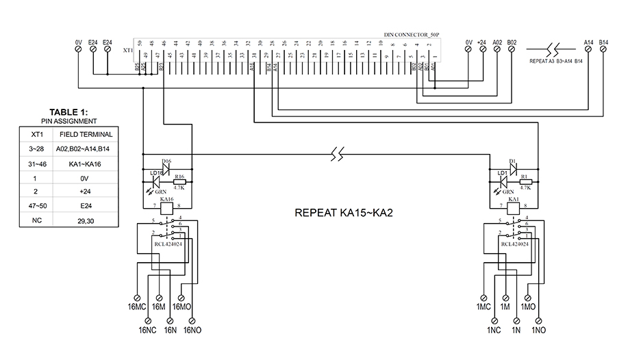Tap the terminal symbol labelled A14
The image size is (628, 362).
click(588, 49)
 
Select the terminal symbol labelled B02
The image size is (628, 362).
click(512, 49)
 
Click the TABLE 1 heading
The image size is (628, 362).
click(68, 113)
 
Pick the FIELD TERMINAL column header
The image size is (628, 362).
click(86, 134)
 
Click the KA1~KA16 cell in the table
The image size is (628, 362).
click(86, 164)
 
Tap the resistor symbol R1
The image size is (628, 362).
click(526, 181)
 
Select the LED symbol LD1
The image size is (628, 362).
click(505, 181)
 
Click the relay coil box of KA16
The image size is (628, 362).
click(164, 205)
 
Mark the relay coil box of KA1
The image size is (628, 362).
click(513, 205)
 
